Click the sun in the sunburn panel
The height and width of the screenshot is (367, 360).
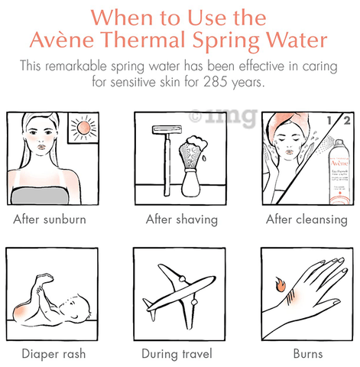tap(83, 128)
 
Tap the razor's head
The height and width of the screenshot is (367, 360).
tap(167, 130)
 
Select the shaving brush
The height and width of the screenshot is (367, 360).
tap(192, 166)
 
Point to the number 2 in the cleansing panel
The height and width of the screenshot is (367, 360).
tap(347, 121)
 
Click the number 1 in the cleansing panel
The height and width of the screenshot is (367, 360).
tap(330, 120)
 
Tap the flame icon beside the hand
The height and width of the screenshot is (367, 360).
tap(281, 284)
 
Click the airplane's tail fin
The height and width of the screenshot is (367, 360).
tap(148, 304)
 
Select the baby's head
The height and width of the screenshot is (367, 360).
tap(76, 308)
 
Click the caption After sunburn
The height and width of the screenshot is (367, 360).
tap(50, 219)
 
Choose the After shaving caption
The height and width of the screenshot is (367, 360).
tap(182, 219)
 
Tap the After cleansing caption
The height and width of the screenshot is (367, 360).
tap(306, 219)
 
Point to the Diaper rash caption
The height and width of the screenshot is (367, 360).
tap(54, 354)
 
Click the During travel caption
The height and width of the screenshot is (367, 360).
tap(177, 354)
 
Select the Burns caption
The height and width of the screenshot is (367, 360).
tap(308, 354)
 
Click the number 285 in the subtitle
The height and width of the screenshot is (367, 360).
tap(216, 82)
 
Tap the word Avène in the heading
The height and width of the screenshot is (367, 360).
tap(62, 40)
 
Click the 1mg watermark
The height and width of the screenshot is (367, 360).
tap(223, 117)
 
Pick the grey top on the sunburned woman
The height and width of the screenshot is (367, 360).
tap(40, 196)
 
